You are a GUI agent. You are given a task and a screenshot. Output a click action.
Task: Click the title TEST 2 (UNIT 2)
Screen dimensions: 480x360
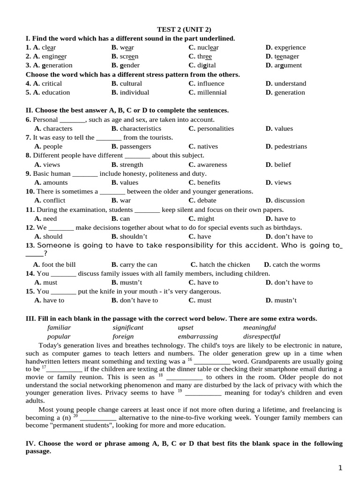(x=180, y=30)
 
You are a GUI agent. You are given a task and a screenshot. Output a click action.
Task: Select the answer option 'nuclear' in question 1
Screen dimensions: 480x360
(x=208, y=47)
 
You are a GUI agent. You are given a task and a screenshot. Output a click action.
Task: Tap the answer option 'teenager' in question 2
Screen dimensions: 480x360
(x=286, y=56)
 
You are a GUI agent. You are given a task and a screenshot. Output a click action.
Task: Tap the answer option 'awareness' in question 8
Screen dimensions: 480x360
(x=212, y=165)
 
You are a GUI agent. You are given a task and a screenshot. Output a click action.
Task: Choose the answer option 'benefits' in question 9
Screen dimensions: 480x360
(x=209, y=182)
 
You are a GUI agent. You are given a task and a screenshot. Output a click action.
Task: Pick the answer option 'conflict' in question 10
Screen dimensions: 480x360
(x=54, y=200)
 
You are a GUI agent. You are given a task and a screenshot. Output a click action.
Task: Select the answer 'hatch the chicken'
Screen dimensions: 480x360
(x=224, y=264)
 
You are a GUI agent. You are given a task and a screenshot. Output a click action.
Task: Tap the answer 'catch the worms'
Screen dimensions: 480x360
(x=296, y=264)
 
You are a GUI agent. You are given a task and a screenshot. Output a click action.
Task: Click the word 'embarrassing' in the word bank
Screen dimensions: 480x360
(x=198, y=337)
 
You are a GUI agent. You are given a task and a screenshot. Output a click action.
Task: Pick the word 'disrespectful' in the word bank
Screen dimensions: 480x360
(x=262, y=337)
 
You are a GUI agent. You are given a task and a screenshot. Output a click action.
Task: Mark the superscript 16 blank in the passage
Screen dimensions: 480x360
(x=211, y=362)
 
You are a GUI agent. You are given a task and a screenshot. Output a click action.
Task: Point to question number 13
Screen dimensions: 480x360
(x=30, y=245)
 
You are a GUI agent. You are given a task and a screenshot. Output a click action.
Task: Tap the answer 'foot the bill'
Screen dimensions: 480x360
(x=59, y=264)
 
